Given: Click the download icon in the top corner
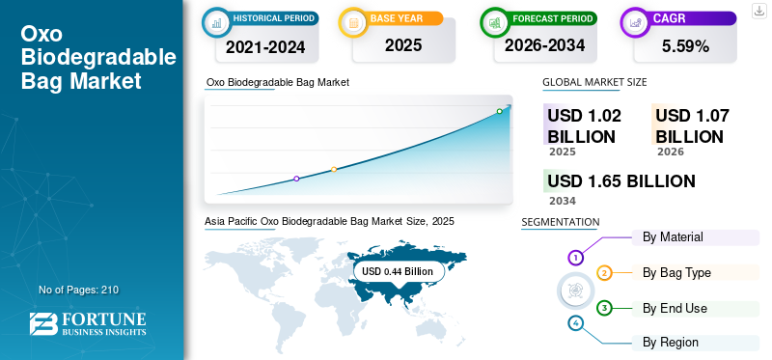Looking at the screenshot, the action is [x=758, y=11].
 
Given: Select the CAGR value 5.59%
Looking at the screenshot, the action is [x=685, y=46].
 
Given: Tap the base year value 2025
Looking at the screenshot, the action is [x=403, y=45].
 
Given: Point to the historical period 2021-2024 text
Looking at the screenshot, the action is [x=265, y=47].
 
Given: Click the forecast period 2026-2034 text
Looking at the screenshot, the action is [x=544, y=45].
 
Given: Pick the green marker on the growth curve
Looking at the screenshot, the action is [x=499, y=111].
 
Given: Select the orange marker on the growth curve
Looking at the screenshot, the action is [x=334, y=170].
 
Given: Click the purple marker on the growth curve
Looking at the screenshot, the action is [x=296, y=179].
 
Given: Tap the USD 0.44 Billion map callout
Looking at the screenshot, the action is [x=399, y=271].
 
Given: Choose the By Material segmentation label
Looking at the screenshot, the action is [x=673, y=236].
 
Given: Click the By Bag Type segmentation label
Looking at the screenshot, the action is [x=676, y=272].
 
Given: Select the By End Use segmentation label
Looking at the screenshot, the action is [x=675, y=308].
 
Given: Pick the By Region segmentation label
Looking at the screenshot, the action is [x=670, y=343].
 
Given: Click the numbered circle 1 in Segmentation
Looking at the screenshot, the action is [x=575, y=257].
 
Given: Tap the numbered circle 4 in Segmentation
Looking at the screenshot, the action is [x=575, y=323].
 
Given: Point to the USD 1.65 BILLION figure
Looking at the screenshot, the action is [x=621, y=181].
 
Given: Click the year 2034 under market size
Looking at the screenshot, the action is [x=563, y=201].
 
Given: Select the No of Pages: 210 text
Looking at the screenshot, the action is [x=79, y=290].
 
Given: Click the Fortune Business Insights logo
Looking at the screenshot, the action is [x=88, y=323].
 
